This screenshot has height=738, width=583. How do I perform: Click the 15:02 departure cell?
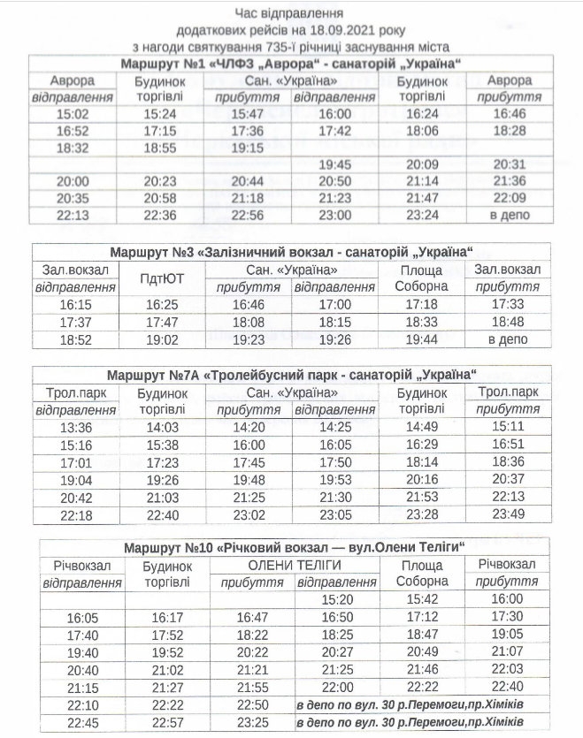pyautogui.click(x=73, y=114)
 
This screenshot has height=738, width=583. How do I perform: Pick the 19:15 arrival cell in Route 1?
pyautogui.click(x=248, y=148)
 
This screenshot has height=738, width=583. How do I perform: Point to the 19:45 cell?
pyautogui.click(x=335, y=164)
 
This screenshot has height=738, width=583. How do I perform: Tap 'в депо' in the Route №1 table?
pyautogui.click(x=510, y=215)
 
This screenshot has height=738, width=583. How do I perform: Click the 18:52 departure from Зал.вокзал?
pyautogui.click(x=75, y=339)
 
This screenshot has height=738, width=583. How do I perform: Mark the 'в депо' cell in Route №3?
pyautogui.click(x=508, y=339)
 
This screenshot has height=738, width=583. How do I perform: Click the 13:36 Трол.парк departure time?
pyautogui.click(x=75, y=427)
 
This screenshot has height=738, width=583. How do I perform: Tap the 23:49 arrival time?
pyautogui.click(x=508, y=514)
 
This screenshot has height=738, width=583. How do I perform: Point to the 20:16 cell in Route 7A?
pyautogui.click(x=421, y=479)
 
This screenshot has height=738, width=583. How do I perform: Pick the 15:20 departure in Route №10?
pyautogui.click(x=335, y=600)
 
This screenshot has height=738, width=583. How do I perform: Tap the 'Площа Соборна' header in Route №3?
pyautogui.click(x=422, y=278)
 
